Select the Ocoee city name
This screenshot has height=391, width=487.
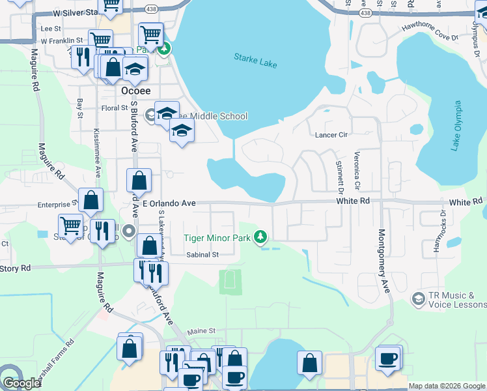[x=136, y=91]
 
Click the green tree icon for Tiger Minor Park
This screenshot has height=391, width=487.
[x=261, y=236]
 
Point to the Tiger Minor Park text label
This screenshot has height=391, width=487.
[x=217, y=239]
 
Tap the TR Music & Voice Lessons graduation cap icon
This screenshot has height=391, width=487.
[x=419, y=298]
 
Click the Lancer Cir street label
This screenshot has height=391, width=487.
[x=333, y=134]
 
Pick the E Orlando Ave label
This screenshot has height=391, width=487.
[x=169, y=203]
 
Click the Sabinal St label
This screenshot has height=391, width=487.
[x=201, y=255]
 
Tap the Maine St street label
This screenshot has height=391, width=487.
[x=201, y=332]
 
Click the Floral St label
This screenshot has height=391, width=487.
[x=113, y=108]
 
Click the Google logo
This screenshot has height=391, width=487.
[x=21, y=383]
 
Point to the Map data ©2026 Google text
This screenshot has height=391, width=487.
[x=446, y=386]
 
